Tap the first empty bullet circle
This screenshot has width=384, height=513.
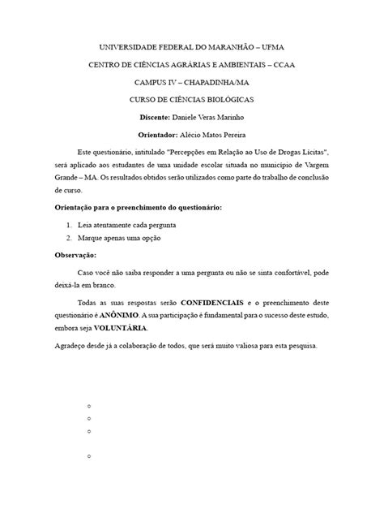(87, 403)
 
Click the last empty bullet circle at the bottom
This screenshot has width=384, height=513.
(87, 459)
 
